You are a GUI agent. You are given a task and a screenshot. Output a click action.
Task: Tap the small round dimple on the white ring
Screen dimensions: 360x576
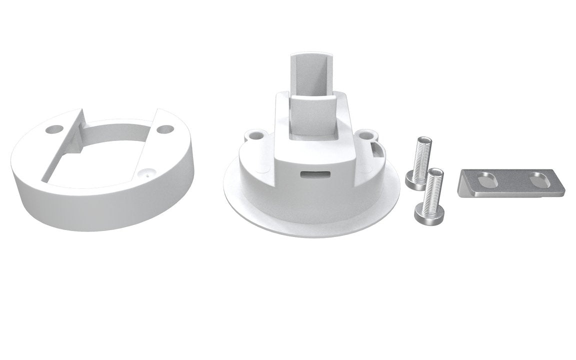145,175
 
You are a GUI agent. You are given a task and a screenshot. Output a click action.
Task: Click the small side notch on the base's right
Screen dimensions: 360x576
376,147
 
